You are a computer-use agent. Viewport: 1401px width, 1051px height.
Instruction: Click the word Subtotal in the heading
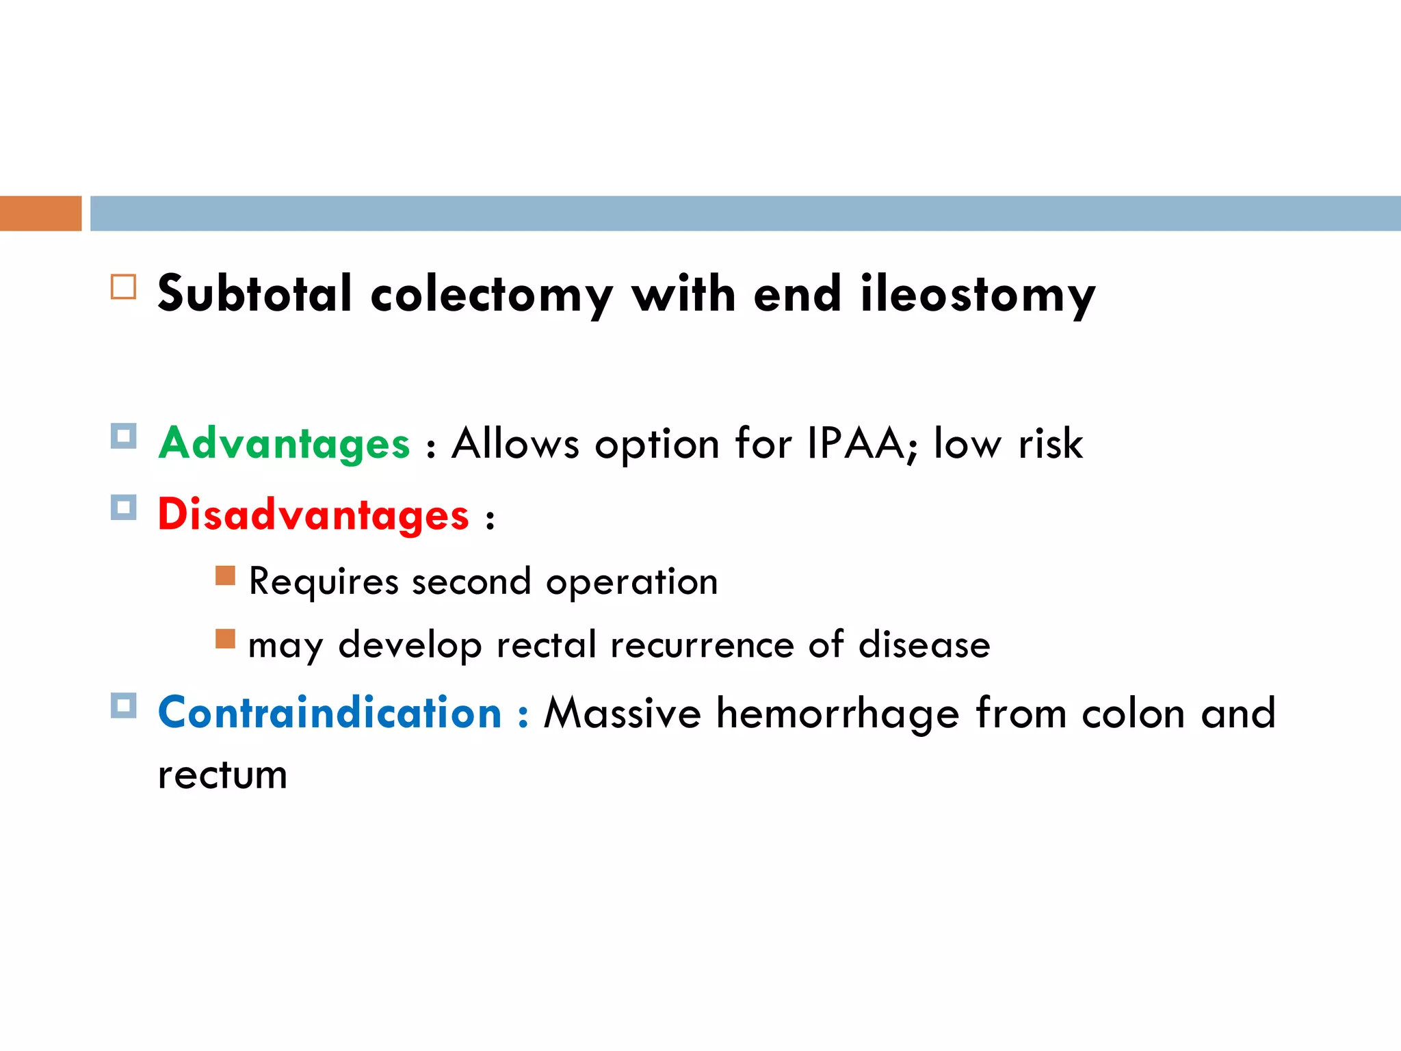click(x=254, y=294)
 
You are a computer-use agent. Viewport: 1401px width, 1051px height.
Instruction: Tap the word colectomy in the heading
click(x=491, y=296)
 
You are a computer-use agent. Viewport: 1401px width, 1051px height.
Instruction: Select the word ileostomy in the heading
click(x=978, y=296)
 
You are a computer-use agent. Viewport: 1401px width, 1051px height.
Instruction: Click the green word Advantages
click(x=284, y=443)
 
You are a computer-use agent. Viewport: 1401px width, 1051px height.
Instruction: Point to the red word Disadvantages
click(x=313, y=515)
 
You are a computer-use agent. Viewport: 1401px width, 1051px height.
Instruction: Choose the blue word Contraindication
click(x=330, y=713)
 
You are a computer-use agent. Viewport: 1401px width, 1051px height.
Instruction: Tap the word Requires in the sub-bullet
click(x=324, y=582)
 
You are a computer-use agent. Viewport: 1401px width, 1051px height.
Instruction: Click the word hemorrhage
click(x=838, y=714)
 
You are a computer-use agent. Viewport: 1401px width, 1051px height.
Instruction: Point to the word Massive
click(x=623, y=713)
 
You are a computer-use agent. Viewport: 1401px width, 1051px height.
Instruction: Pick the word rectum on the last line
click(x=222, y=776)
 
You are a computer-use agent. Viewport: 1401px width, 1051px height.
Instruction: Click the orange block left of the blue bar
click(x=40, y=213)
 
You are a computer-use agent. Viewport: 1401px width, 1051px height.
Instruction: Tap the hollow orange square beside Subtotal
click(x=123, y=287)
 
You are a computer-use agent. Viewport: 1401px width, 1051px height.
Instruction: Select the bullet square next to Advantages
click(x=123, y=436)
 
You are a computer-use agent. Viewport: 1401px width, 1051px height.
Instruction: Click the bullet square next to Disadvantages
click(x=123, y=508)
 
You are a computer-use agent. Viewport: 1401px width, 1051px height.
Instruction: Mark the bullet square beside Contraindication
click(x=123, y=705)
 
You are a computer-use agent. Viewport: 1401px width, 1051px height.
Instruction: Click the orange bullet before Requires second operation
click(x=225, y=575)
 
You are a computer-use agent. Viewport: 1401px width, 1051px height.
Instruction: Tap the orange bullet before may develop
click(x=225, y=638)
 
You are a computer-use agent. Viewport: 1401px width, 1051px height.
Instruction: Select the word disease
click(x=924, y=645)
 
